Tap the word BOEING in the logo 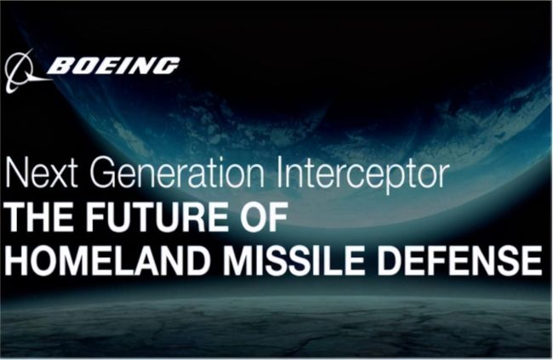pyautogui.click(x=113, y=66)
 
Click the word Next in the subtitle pyautogui.click(x=41, y=173)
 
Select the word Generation pyautogui.click(x=177, y=173)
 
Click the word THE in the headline pyautogui.click(x=40, y=217)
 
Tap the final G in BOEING pyautogui.click(x=167, y=66)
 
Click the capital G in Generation pyautogui.click(x=103, y=173)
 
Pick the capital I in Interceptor pyautogui.click(x=280, y=173)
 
